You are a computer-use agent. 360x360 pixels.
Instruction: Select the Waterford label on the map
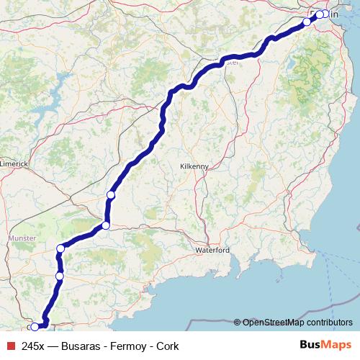coord(212,250)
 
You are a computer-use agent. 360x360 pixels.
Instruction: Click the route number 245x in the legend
coord(35,346)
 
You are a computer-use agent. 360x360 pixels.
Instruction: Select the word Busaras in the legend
coord(81,346)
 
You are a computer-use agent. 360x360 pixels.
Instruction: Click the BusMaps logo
coord(325,346)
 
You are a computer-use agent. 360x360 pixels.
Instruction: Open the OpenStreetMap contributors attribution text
coord(297,322)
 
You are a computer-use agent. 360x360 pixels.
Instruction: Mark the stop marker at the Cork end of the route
coord(35,327)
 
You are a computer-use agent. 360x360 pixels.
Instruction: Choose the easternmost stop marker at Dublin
coord(325,14)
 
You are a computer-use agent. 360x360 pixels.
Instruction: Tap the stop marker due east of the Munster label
coord(60,248)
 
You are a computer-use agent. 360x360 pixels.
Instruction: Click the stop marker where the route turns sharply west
coord(105,225)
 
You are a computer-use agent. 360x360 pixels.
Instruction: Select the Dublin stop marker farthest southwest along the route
coord(307,22)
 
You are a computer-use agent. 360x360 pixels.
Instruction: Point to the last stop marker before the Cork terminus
coord(60,276)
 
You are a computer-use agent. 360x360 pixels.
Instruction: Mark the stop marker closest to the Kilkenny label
coord(111,194)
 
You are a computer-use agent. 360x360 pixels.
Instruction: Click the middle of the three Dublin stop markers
coord(319,14)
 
